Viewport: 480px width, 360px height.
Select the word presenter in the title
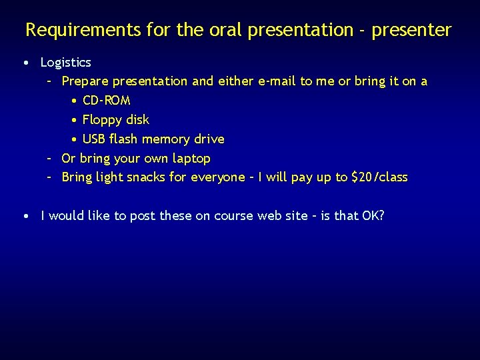click(412, 31)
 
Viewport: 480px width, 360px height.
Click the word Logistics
click(65, 63)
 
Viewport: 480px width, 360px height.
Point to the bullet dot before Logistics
click(25, 63)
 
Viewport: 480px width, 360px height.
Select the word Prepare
click(85, 81)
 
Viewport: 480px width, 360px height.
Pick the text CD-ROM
click(106, 101)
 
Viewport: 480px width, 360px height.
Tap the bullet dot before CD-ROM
click(73, 101)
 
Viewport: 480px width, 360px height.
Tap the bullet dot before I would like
click(25, 217)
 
